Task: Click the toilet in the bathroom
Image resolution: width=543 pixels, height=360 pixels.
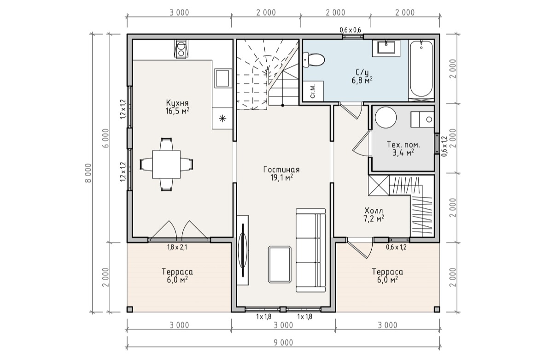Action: pyautogui.click(x=313, y=59)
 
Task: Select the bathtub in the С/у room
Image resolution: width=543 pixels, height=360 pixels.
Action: pyautogui.click(x=421, y=69)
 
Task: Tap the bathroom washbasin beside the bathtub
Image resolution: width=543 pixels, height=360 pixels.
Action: pyautogui.click(x=386, y=48)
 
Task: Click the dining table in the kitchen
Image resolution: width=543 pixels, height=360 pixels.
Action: pyautogui.click(x=167, y=164)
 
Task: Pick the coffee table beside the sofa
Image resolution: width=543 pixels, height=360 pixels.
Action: pyautogui.click(x=280, y=265)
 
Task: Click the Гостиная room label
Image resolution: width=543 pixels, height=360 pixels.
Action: pyautogui.click(x=281, y=170)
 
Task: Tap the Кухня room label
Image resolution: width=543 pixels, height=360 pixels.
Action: pyautogui.click(x=177, y=103)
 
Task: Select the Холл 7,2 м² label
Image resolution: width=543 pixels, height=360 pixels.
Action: pyautogui.click(x=374, y=214)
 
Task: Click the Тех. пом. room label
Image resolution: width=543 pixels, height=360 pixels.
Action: pyautogui.click(x=403, y=145)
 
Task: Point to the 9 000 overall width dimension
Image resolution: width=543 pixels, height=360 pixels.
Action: pyautogui.click(x=283, y=342)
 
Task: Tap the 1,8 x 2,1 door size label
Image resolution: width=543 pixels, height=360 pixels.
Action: pyautogui.click(x=177, y=248)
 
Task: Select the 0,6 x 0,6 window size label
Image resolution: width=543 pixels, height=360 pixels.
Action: pyautogui.click(x=350, y=30)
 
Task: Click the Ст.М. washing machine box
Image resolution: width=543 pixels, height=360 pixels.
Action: pyautogui.click(x=313, y=91)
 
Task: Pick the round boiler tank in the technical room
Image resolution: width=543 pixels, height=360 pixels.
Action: pyautogui.click(x=386, y=118)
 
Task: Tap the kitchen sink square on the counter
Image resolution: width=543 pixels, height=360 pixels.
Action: pyautogui.click(x=222, y=77)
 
